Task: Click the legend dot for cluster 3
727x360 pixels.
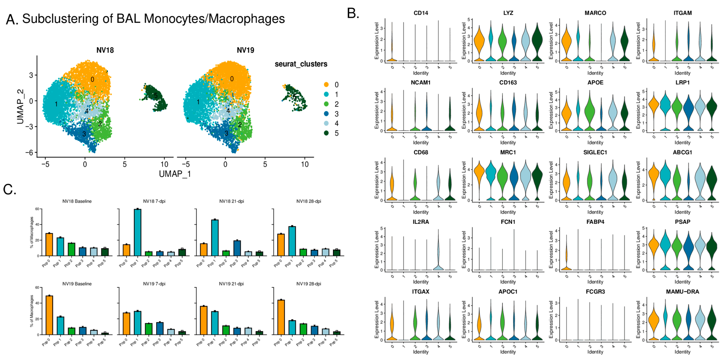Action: click(326, 114)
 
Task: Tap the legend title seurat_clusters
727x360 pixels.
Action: click(301, 64)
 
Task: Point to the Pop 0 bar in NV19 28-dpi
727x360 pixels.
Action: click(281, 317)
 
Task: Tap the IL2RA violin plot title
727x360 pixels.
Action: click(421, 222)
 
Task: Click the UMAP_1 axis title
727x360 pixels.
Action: click(175, 174)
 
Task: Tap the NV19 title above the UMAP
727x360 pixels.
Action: click(245, 50)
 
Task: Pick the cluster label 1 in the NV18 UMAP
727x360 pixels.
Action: click(56, 104)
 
